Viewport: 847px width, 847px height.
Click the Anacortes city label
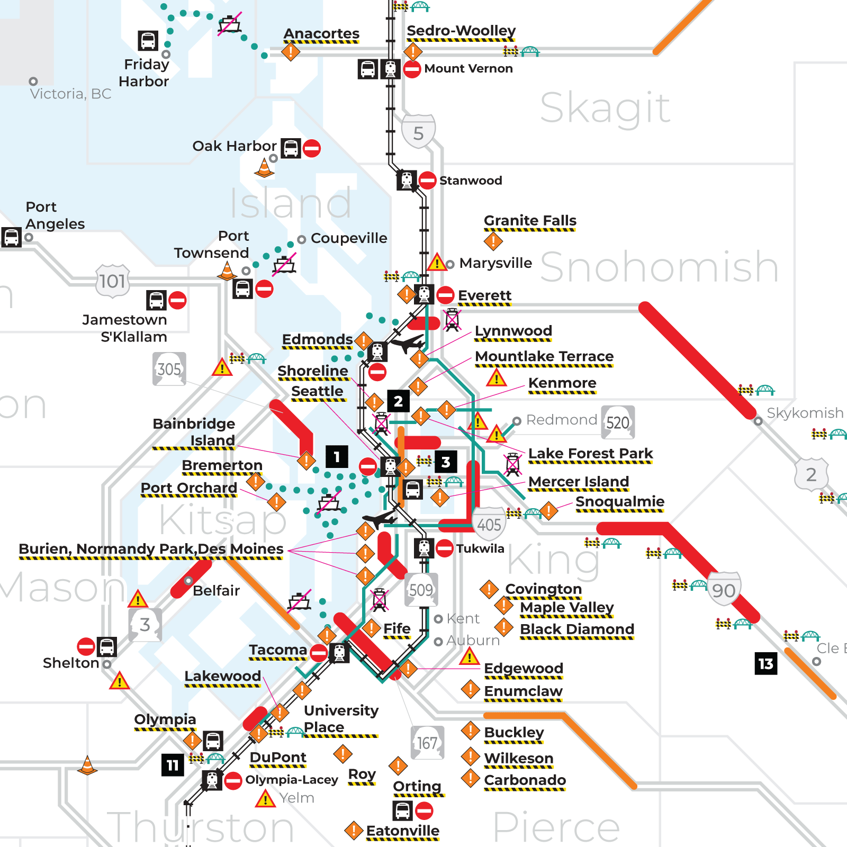coord(321,34)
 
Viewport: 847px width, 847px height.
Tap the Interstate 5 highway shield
coord(418,132)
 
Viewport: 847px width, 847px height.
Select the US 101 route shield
coord(112,281)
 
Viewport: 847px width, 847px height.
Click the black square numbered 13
coord(765,664)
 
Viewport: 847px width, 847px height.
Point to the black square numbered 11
coord(173,765)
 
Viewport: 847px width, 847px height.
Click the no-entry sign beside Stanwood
coord(427,181)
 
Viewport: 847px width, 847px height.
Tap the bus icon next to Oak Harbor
coord(291,148)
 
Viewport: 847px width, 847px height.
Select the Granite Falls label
coord(530,221)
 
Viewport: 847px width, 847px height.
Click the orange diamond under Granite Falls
coord(493,241)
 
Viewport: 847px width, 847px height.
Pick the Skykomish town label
coord(805,413)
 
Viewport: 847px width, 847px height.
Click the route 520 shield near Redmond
coord(618,422)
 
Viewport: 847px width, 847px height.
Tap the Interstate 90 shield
coord(724,590)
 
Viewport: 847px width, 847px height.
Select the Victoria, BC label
coord(70,94)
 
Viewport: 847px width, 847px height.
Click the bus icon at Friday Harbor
coord(148,41)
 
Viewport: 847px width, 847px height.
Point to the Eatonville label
coord(402,831)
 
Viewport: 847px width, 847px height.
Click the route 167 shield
coord(427,743)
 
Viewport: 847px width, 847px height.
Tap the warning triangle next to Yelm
coord(265,799)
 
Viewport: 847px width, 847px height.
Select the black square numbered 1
coord(337,457)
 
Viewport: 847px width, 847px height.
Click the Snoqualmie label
coord(619,501)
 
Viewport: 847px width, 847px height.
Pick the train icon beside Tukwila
coord(424,548)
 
